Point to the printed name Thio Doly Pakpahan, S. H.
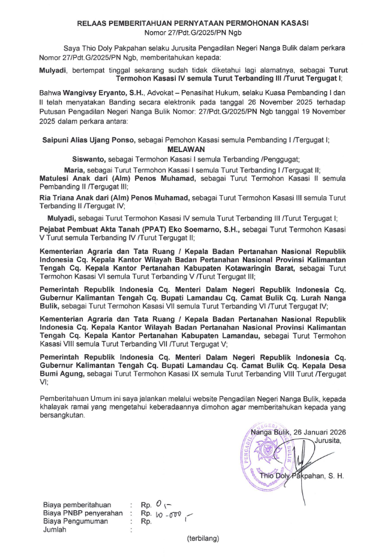click(x=306, y=476)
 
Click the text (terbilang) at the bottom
click(x=203, y=538)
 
